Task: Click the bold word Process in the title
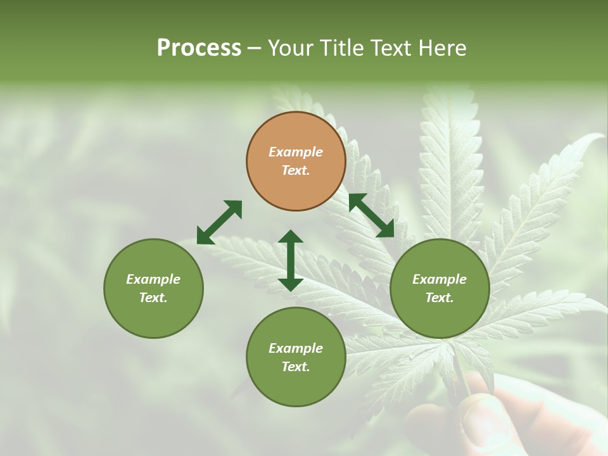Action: [199, 48]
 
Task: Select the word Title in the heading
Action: [343, 48]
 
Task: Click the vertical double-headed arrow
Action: [291, 260]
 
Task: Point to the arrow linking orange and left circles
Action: [219, 222]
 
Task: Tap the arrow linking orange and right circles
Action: [371, 215]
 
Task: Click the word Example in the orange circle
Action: [296, 152]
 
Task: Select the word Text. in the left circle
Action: [153, 298]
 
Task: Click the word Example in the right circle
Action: [440, 279]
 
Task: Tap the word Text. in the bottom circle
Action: [296, 367]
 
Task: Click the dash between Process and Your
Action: [254, 48]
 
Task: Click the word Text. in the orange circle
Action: [296, 170]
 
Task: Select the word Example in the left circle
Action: [153, 279]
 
